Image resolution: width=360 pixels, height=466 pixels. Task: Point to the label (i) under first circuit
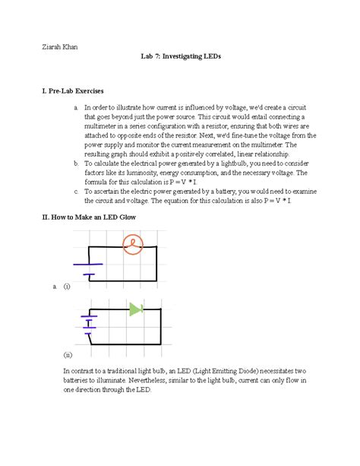click(67, 287)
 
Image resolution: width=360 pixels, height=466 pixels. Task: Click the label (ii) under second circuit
click(68, 354)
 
